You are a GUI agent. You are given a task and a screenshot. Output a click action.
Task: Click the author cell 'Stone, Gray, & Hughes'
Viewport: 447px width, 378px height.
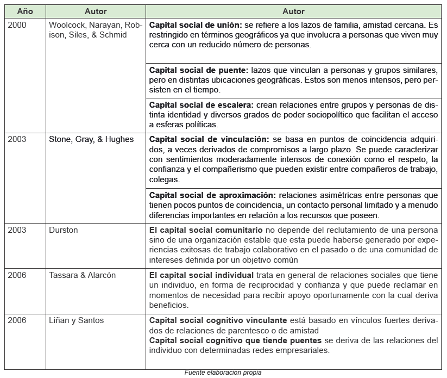(91, 139)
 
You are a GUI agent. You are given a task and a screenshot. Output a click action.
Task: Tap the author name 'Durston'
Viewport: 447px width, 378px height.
(64, 230)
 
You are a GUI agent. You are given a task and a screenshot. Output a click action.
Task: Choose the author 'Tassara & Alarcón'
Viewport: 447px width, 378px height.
(83, 275)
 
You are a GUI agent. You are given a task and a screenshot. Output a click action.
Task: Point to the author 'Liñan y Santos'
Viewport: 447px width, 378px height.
(77, 321)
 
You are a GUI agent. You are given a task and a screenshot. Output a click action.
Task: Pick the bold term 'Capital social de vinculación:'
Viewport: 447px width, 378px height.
(209, 139)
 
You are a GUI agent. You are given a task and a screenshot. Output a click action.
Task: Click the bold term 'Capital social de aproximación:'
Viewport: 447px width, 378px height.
(213, 195)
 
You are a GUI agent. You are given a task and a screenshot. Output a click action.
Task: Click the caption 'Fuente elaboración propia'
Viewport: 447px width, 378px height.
(223, 373)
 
